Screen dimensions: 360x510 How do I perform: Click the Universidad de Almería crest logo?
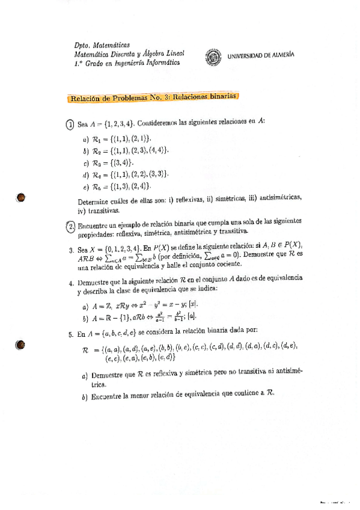(x=213, y=57)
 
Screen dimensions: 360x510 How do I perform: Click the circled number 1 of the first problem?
(x=70, y=124)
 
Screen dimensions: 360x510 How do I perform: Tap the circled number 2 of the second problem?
(x=70, y=224)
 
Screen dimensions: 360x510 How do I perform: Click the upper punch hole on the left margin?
(x=21, y=198)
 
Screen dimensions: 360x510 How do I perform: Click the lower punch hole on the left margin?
(x=21, y=345)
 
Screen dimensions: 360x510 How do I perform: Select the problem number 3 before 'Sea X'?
(x=71, y=250)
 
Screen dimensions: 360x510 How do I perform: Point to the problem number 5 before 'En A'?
(x=71, y=334)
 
